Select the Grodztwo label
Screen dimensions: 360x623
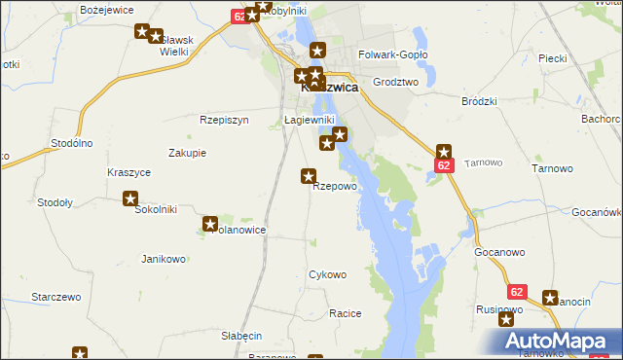394,83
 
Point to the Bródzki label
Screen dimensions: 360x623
479,100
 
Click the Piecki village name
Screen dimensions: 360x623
552,58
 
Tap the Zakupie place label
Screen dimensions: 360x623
187,153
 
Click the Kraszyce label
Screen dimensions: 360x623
128,172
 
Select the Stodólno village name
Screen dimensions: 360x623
71,143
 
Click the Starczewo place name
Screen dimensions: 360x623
55,296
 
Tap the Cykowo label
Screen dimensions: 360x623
327,274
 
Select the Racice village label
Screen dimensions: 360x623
346,313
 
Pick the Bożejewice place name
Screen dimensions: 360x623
106,9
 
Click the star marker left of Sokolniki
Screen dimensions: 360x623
130,199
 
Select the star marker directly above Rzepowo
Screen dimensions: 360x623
309,176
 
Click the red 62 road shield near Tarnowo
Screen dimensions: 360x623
443,166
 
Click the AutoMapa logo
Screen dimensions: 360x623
557,341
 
